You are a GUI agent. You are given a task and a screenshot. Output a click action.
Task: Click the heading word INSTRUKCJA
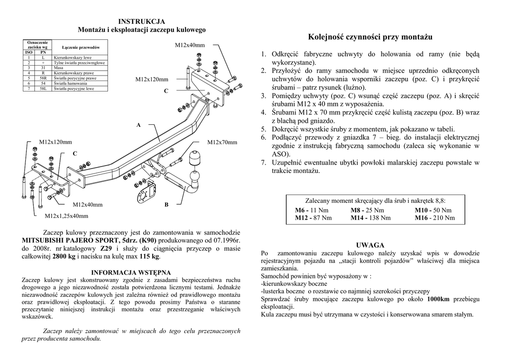pyautogui.click(x=142, y=21)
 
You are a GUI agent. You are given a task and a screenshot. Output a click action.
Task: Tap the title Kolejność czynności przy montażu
pyautogui.click(x=370, y=37)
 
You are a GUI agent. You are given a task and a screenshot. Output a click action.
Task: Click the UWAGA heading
pyautogui.click(x=370, y=246)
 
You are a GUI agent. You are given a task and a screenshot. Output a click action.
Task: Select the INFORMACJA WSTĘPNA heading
pyautogui.click(x=132, y=272)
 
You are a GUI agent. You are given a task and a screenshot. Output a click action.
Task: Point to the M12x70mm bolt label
pyautogui.click(x=222, y=143)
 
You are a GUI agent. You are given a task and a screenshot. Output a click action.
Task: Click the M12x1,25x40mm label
pyautogui.click(x=67, y=216)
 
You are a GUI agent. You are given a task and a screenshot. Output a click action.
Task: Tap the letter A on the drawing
pyautogui.click(x=139, y=125)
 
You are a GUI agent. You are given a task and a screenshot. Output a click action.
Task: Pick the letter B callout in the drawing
pyautogui.click(x=167, y=205)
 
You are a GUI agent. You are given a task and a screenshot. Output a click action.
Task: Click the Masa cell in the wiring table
pyautogui.click(x=59, y=68)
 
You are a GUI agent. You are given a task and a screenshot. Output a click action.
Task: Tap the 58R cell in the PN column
pyautogui.click(x=43, y=79)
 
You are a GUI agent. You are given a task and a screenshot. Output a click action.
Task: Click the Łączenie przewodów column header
pyautogui.click(x=81, y=47)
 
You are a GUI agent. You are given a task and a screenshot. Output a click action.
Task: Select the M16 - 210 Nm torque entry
pyautogui.click(x=434, y=218)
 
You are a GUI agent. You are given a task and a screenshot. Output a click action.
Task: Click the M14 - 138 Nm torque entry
pyautogui.click(x=370, y=218)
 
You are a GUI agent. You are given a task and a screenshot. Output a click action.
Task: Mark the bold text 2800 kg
pyautogui.click(x=65, y=257)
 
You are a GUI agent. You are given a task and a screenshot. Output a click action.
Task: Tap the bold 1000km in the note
pyautogui.click(x=438, y=299)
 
